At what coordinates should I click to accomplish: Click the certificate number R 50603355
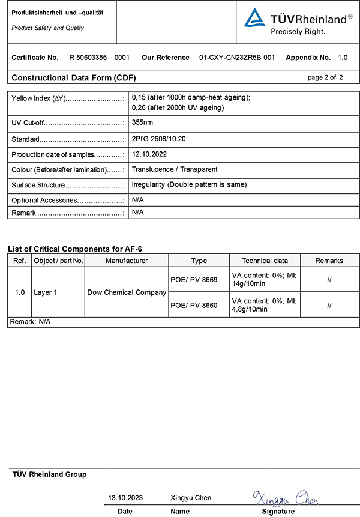point(89,58)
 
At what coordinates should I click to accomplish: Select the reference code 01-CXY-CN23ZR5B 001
point(236,58)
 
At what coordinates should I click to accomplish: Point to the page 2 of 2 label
point(325,77)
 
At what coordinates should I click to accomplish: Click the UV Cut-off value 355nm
point(142,122)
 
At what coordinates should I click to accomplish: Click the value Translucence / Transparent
point(174,169)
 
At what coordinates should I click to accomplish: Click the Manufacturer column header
point(127,261)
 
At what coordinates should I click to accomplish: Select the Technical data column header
point(265,261)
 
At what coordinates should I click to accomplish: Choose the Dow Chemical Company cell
point(127,292)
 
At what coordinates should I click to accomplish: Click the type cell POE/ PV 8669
point(194,279)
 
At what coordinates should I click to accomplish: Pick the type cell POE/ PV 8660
point(194,305)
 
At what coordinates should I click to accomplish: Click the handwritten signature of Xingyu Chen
point(286,498)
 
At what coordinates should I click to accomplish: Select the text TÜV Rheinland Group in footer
point(49,474)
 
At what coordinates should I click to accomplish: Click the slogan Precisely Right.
point(298,31)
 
